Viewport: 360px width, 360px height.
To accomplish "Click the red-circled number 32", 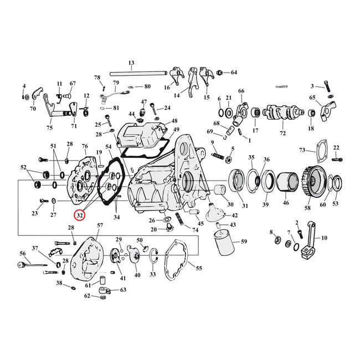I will point(80,215).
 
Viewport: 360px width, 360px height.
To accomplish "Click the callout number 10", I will point(324,238).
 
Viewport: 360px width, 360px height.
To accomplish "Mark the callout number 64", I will point(233,73).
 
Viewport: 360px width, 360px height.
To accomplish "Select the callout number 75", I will point(50,127).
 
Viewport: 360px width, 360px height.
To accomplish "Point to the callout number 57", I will point(100,225).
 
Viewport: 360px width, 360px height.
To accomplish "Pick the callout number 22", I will point(336,147).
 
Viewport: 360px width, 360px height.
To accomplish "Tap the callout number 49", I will point(176,130).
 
